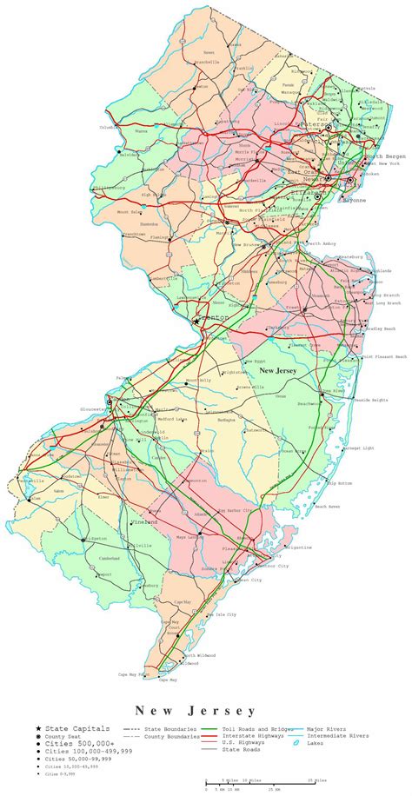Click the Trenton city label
click(216, 318)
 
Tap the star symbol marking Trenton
click(198, 319)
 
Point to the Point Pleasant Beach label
click(382, 357)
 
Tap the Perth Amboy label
click(322, 243)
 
